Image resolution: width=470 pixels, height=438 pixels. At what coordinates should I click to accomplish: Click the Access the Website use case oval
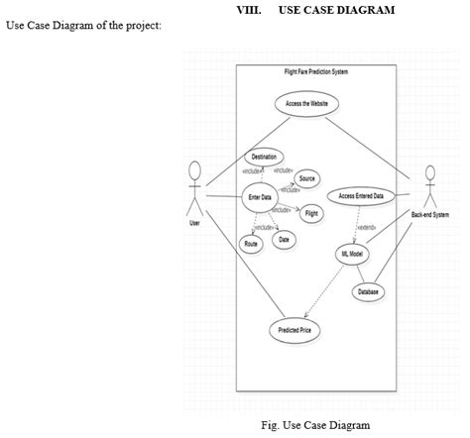coord(306,103)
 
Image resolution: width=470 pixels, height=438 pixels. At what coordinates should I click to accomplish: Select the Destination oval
coord(264,157)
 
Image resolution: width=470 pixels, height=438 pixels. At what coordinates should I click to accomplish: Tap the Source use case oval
coord(306,178)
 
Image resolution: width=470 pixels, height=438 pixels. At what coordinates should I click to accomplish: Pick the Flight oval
coord(311,213)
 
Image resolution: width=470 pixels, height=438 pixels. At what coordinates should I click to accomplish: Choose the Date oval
coord(285,240)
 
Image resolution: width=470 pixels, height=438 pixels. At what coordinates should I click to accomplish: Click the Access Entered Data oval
coord(361,196)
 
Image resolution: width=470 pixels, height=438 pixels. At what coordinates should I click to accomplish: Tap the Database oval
coord(369,291)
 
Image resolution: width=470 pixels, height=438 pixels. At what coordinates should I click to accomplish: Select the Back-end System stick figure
coord(429,185)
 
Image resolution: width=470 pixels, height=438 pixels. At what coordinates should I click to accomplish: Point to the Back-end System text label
coord(429,215)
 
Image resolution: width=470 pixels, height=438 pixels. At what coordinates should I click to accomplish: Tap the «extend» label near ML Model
coord(365,227)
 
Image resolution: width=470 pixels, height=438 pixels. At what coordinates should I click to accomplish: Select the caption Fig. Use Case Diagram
coord(314,425)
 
